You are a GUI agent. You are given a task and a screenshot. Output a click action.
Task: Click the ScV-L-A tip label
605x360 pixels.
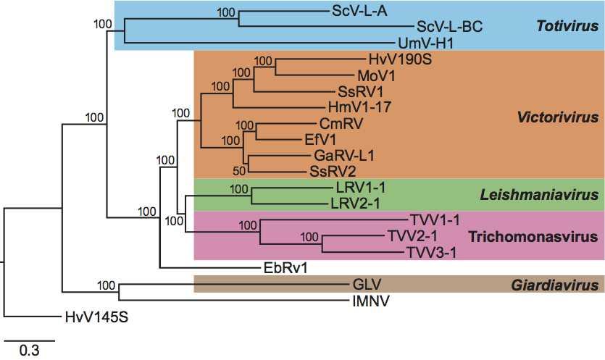(359, 11)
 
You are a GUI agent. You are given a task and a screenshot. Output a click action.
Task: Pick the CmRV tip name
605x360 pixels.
(341, 124)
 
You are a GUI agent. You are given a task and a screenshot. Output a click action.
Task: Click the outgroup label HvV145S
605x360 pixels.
(92, 317)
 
